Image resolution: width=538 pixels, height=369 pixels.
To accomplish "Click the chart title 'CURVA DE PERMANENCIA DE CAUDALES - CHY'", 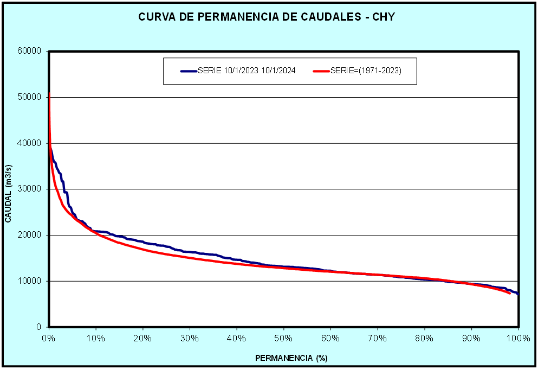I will [267, 17].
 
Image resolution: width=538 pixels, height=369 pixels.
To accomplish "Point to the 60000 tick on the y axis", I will [30, 52].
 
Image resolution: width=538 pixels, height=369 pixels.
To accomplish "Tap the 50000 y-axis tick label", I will [30, 97].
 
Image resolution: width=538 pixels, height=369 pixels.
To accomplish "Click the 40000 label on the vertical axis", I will [30, 143].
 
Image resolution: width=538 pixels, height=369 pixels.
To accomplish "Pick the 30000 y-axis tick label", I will [30, 189].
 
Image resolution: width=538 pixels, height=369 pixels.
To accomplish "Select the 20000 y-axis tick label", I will [30, 235].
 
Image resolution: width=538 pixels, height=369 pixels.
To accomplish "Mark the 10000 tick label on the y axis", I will [30, 281].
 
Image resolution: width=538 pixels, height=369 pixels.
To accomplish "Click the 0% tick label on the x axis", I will [49, 338].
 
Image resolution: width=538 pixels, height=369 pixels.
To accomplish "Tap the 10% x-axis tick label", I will [96, 338].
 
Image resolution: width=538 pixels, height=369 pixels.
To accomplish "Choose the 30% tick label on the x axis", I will [190, 338].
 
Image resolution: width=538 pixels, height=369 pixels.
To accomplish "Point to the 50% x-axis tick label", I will [283, 338].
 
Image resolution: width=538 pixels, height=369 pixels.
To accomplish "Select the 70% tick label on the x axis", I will [378, 338].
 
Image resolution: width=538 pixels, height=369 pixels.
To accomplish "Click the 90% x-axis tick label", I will [471, 338].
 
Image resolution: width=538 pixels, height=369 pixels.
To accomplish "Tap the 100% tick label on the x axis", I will [518, 338].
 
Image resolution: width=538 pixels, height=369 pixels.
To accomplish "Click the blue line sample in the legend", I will [188, 71].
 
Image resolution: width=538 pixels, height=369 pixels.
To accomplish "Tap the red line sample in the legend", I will [321, 71].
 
